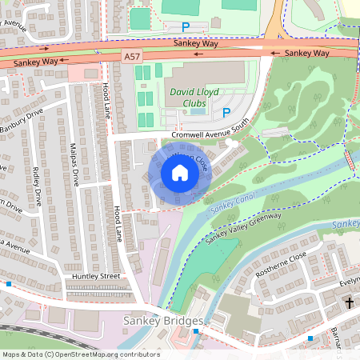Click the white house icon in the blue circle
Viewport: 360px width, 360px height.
pyautogui.click(x=180, y=173)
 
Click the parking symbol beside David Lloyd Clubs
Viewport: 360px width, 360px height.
pyautogui.click(x=226, y=113)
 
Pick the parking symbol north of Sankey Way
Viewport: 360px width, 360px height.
pyautogui.click(x=186, y=26)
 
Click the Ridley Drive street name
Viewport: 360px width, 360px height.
pyautogui.click(x=37, y=186)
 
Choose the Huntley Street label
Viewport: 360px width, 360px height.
pyautogui.click(x=95, y=276)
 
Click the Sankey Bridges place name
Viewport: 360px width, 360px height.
pyautogui.click(x=164, y=321)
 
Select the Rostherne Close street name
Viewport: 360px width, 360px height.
pyautogui.click(x=279, y=270)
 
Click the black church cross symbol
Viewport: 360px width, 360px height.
pyautogui.click(x=350, y=303)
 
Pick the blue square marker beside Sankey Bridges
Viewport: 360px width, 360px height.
pyautogui.click(x=195, y=330)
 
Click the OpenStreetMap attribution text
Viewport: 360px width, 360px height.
pyautogui.click(x=80, y=354)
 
